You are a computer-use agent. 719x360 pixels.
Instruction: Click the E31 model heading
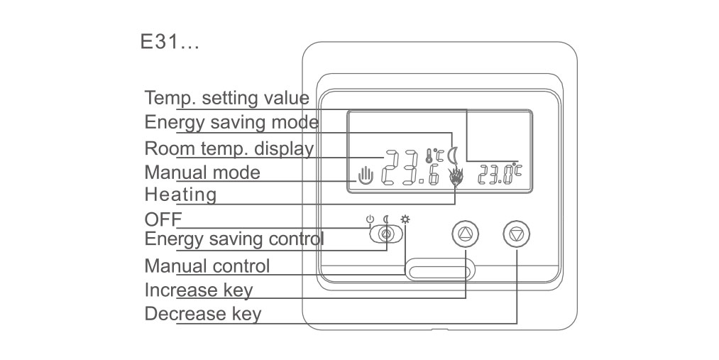point(169,42)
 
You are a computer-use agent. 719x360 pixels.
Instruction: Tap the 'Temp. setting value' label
point(227,98)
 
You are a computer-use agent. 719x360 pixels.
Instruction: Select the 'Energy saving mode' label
point(231,122)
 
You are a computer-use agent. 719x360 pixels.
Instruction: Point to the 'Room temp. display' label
point(229,148)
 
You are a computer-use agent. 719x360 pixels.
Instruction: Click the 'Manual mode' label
point(202,173)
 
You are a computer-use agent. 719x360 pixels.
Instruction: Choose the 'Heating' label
point(180,195)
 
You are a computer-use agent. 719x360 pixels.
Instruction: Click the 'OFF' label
point(163,219)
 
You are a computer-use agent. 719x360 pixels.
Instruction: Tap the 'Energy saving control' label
point(234,239)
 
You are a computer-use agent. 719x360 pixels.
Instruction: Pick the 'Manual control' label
point(207,266)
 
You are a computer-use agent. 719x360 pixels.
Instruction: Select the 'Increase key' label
point(199,290)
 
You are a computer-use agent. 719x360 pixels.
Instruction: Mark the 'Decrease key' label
point(203,314)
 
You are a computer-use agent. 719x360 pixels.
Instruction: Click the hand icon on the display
point(366,175)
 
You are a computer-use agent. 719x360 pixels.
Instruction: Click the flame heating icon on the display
point(456,178)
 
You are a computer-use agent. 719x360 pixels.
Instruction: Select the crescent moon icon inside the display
point(453,156)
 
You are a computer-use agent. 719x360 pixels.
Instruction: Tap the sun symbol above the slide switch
point(405,219)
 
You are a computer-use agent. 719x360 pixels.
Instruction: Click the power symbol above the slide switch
point(370,219)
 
